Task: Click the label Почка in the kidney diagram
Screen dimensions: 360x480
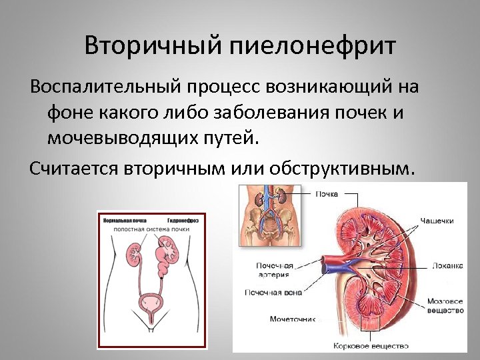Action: pyautogui.click(x=327, y=194)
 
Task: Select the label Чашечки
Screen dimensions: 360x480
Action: pyautogui.click(x=437, y=221)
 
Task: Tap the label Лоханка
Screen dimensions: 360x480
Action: pyautogui.click(x=447, y=265)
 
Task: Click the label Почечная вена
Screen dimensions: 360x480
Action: pyautogui.click(x=273, y=292)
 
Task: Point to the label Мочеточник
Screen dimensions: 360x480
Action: pyautogui.click(x=291, y=319)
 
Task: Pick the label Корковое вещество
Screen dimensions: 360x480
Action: pyautogui.click(x=371, y=346)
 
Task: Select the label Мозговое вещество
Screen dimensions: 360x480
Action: pyautogui.click(x=445, y=306)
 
